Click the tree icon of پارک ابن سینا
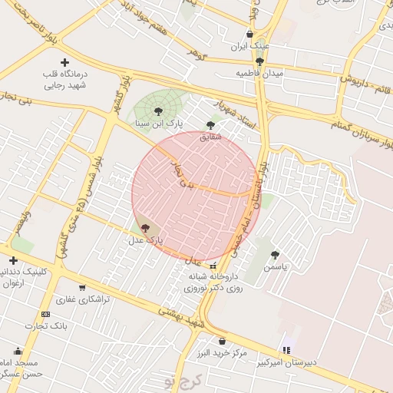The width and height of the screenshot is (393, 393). (x=158, y=112)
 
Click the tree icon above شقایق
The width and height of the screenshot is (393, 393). (x=210, y=125)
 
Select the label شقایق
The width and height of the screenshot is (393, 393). (x=210, y=136)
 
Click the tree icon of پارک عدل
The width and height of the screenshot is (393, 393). (x=145, y=228)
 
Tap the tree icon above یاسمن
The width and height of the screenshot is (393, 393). (x=274, y=255)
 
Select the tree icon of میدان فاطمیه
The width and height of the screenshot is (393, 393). (x=259, y=61)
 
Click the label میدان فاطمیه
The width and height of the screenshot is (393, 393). (x=259, y=73)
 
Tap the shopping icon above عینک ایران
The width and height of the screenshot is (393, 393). (x=250, y=35)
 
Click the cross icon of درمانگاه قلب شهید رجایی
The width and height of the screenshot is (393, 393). (x=64, y=62)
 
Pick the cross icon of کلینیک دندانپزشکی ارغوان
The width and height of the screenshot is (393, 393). (x=13, y=260)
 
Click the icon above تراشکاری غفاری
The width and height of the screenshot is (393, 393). (x=81, y=288)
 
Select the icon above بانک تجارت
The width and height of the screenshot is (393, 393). (x=45, y=314)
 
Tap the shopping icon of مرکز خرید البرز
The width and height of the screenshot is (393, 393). (x=222, y=342)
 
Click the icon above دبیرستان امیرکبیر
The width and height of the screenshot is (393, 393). (x=286, y=350)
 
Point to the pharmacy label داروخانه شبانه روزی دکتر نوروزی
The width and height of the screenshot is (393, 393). (x=213, y=281)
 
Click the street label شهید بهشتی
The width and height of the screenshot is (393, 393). (x=180, y=316)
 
